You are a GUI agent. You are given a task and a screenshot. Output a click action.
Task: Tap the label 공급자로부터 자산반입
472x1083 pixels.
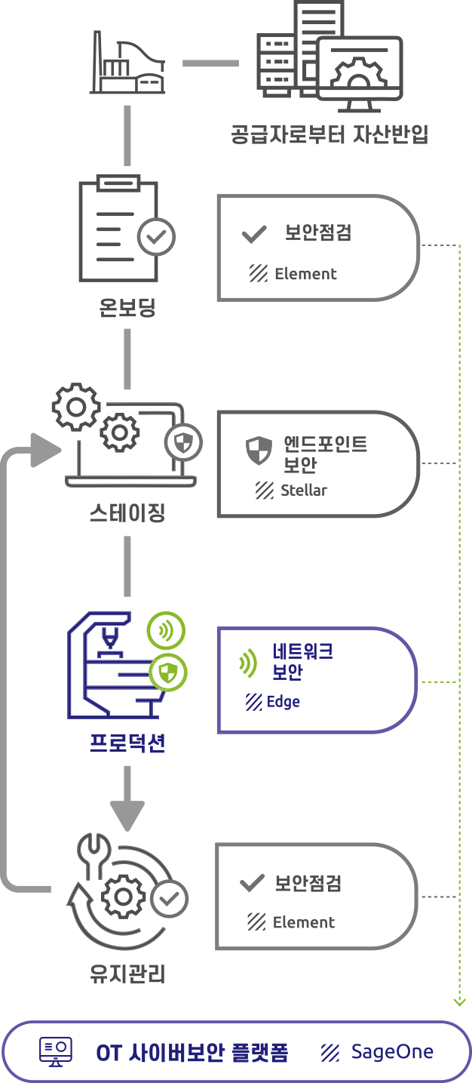[329, 135]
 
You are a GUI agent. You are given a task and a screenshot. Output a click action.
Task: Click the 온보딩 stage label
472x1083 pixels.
[127, 307]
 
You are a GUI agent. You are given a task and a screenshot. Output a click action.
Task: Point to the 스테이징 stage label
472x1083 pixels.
[127, 513]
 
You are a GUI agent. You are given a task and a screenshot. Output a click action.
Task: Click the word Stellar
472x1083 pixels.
[304, 490]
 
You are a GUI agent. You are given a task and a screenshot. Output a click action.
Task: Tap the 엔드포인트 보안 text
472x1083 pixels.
[315, 454]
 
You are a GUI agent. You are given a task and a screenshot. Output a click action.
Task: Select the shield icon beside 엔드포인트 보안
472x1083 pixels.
[259, 451]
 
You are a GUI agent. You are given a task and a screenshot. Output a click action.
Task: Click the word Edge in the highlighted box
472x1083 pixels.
[284, 702]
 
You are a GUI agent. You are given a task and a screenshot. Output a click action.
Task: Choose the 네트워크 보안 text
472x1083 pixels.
[302, 661]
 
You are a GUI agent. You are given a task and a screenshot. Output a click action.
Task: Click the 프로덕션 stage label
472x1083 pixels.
[127, 743]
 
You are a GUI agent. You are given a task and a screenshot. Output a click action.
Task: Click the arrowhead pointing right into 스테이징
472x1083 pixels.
[46, 451]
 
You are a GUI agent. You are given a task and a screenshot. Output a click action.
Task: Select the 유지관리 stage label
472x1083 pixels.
[127, 974]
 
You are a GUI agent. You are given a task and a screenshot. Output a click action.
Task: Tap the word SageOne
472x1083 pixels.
[392, 1052]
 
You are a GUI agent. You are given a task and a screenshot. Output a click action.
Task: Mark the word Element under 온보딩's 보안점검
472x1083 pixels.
[305, 274]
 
